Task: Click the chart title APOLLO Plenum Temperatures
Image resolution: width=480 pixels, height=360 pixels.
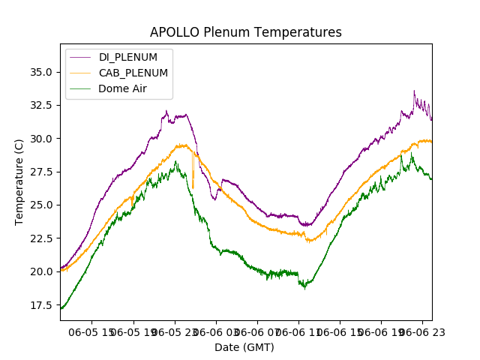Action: coord(246,32)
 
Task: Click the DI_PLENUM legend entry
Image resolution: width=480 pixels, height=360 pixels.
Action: coord(128,58)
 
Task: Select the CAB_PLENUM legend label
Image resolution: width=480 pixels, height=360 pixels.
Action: coord(133,73)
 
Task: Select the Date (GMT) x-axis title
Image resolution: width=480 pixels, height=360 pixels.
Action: coord(244,347)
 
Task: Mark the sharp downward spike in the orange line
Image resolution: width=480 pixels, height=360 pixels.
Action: coord(193,187)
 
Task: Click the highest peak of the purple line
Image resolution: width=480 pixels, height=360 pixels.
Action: coord(414,91)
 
